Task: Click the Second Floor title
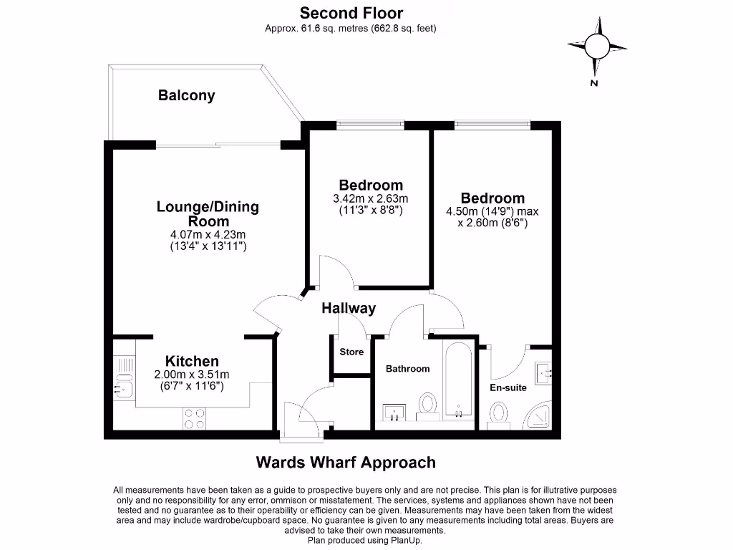[x=351, y=13]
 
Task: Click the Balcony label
[x=186, y=95]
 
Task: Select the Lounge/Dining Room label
[x=208, y=214]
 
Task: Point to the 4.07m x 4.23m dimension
[x=208, y=234]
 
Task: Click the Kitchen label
[x=192, y=361]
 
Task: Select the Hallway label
[x=348, y=309]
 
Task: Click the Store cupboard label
[x=351, y=352]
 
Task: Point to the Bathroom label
[x=407, y=369]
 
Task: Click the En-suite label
[x=508, y=387]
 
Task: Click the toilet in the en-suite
[x=500, y=415]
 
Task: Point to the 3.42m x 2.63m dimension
[x=371, y=198]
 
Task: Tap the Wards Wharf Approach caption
[x=346, y=463]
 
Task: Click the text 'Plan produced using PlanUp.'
[x=364, y=541]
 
